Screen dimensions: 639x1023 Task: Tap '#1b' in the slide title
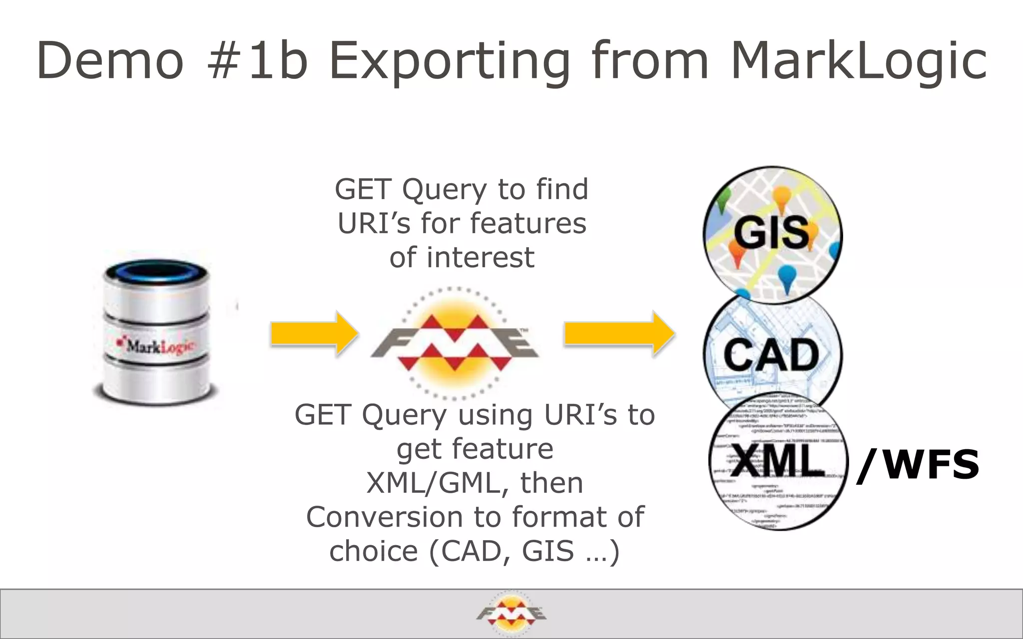pos(257,61)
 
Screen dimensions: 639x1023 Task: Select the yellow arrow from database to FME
pos(314,334)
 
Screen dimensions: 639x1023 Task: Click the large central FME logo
pos(454,343)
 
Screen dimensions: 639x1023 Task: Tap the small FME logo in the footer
pos(511,614)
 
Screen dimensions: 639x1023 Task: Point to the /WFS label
pos(918,465)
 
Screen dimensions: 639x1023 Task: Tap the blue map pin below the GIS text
pos(787,278)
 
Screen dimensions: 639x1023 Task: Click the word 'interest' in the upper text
pos(481,258)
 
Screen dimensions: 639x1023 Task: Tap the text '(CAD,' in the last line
pos(470,551)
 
